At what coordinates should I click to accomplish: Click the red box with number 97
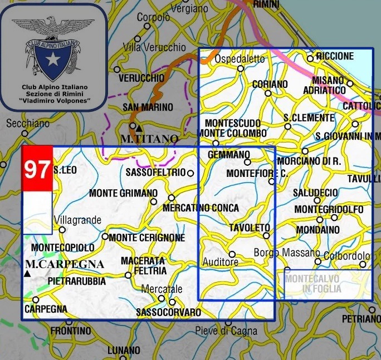point(37,169)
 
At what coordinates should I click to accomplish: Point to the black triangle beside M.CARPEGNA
point(27,273)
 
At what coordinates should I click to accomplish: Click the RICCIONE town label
point(334,56)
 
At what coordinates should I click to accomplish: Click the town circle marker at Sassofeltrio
point(190,173)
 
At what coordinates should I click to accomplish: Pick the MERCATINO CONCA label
point(201,208)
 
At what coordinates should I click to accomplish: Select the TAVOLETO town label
point(250,228)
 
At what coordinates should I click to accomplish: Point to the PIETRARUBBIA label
point(77,282)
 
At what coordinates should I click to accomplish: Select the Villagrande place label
point(78,220)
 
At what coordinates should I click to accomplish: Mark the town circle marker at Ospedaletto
point(241,69)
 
